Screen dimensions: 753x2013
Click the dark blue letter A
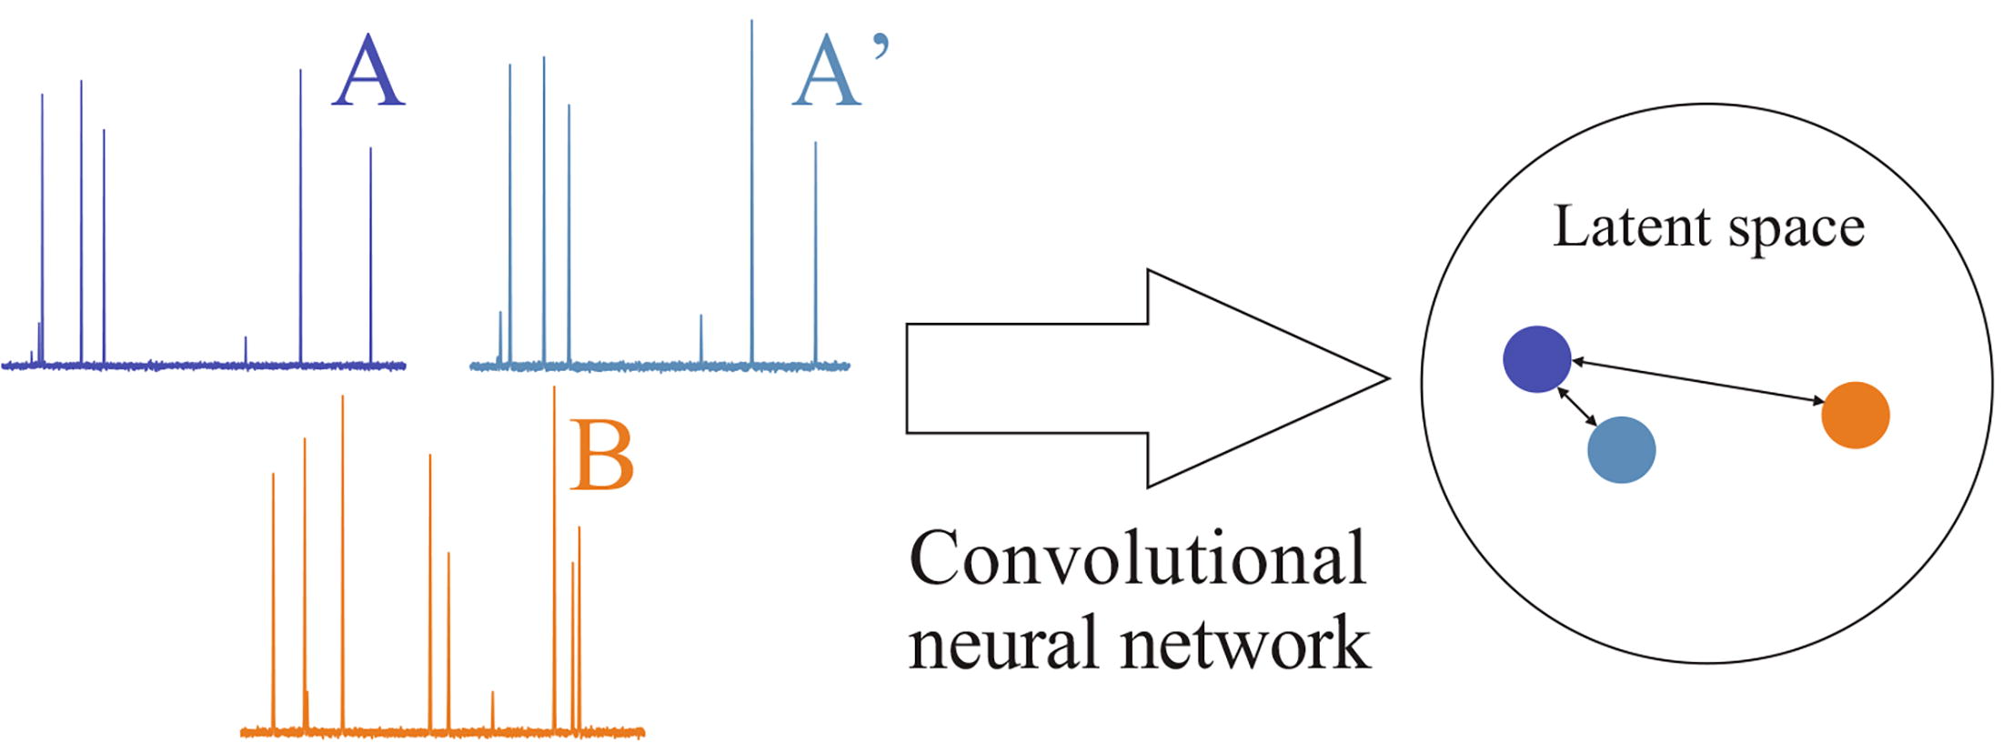click(367, 73)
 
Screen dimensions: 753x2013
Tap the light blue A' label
click(835, 73)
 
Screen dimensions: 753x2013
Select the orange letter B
click(601, 456)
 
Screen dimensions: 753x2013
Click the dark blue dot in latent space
click(1536, 359)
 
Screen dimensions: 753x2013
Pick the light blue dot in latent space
click(1621, 449)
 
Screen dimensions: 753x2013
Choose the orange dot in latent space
click(1856, 415)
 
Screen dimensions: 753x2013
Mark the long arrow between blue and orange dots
click(1698, 381)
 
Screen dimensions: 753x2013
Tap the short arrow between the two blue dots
click(1577, 407)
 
